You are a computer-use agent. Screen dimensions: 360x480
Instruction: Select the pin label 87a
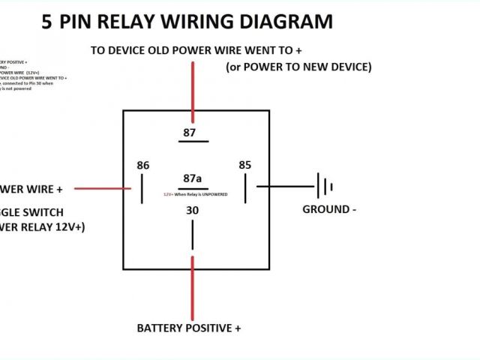pos(193,178)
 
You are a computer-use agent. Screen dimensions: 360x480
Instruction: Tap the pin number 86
pos(143,165)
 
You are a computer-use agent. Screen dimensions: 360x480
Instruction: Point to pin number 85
pos(245,164)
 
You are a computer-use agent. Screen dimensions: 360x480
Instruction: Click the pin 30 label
pos(193,211)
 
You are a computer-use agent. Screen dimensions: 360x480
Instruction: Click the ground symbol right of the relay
pos(324,186)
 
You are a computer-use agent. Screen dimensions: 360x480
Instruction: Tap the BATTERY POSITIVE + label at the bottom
pos(189,328)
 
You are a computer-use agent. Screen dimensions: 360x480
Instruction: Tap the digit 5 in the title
pos(47,22)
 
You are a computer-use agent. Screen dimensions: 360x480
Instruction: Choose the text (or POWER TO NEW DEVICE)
pos(298,67)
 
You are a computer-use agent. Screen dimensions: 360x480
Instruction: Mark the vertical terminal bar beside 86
pos(142,188)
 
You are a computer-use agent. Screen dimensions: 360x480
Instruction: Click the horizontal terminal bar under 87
pos(193,141)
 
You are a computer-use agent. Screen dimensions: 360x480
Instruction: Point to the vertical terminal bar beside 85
pos(245,187)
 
